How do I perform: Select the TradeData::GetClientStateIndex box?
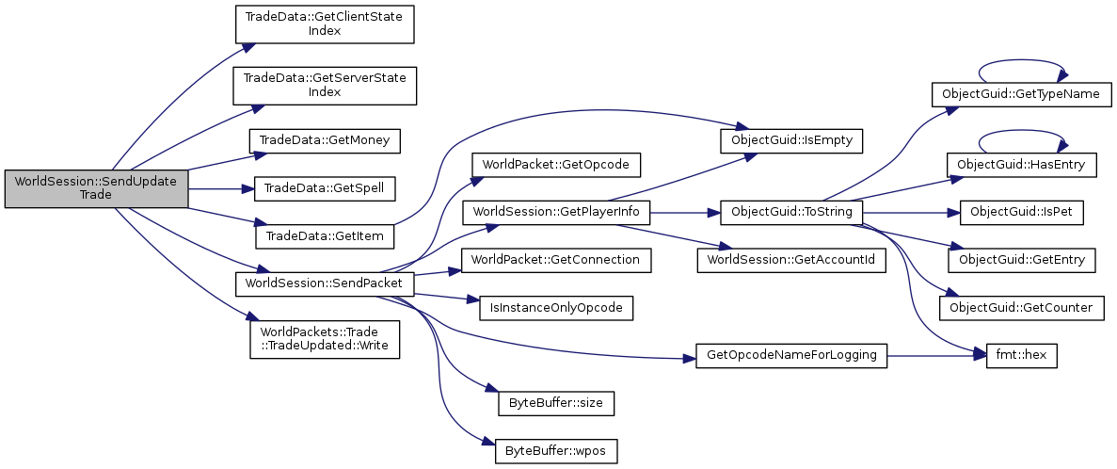324,24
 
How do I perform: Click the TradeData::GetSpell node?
324,188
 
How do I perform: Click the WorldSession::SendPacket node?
324,283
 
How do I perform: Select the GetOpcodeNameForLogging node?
790,356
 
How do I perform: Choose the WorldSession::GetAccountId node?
790,259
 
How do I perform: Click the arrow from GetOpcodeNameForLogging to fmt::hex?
932,356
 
